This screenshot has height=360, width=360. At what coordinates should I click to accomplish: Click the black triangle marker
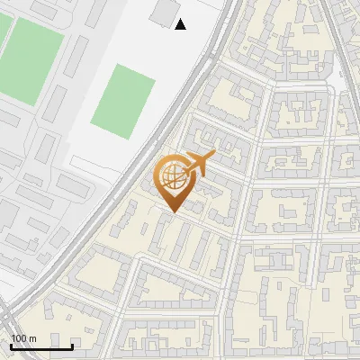[x=181, y=24]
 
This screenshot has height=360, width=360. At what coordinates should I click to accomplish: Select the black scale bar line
[x=41, y=346]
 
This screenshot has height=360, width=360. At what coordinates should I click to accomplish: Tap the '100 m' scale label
[x=23, y=338]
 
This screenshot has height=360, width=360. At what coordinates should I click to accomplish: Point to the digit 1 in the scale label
[x=13, y=338]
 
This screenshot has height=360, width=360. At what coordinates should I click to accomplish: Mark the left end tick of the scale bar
[x=11, y=345]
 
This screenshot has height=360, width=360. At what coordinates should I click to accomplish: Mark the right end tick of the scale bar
[x=72, y=345]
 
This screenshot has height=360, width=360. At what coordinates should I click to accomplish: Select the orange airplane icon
[x=197, y=165]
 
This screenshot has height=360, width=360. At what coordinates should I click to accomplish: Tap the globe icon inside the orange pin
[x=171, y=176]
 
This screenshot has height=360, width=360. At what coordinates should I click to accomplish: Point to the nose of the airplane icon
[x=213, y=156]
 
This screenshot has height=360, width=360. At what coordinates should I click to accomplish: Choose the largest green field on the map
[x=31, y=58]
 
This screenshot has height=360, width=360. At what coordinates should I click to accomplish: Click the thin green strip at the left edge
[x=3, y=36]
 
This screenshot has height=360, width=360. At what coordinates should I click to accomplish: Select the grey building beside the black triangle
[x=163, y=12]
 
